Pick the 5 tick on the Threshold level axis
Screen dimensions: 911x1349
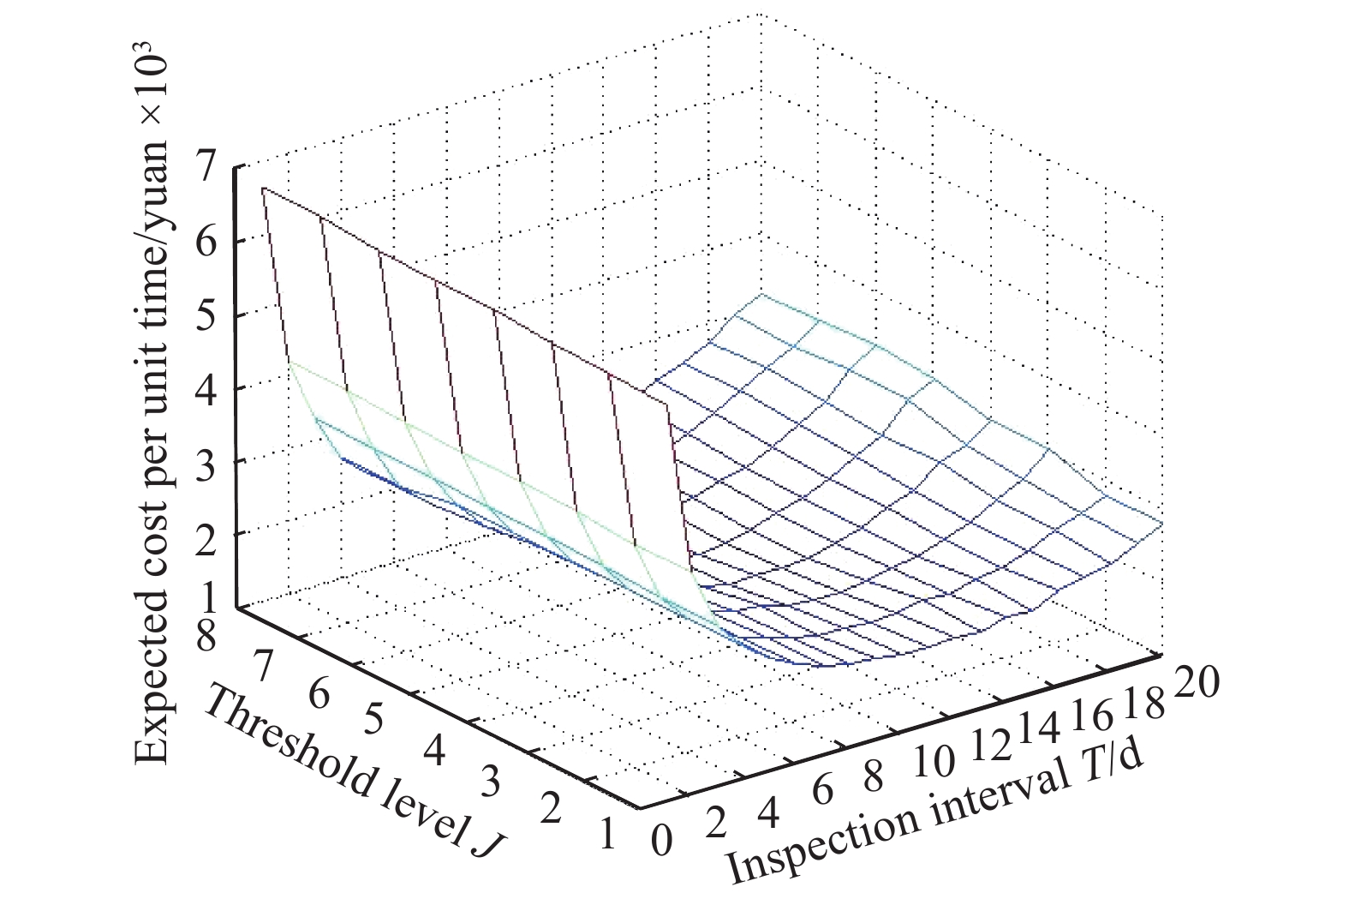[x=373, y=718]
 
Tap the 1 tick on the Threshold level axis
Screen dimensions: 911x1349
[x=609, y=834]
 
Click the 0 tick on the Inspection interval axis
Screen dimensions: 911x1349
[x=661, y=837]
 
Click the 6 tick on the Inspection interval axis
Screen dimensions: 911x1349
[x=823, y=790]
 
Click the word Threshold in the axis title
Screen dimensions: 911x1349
[x=275, y=734]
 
